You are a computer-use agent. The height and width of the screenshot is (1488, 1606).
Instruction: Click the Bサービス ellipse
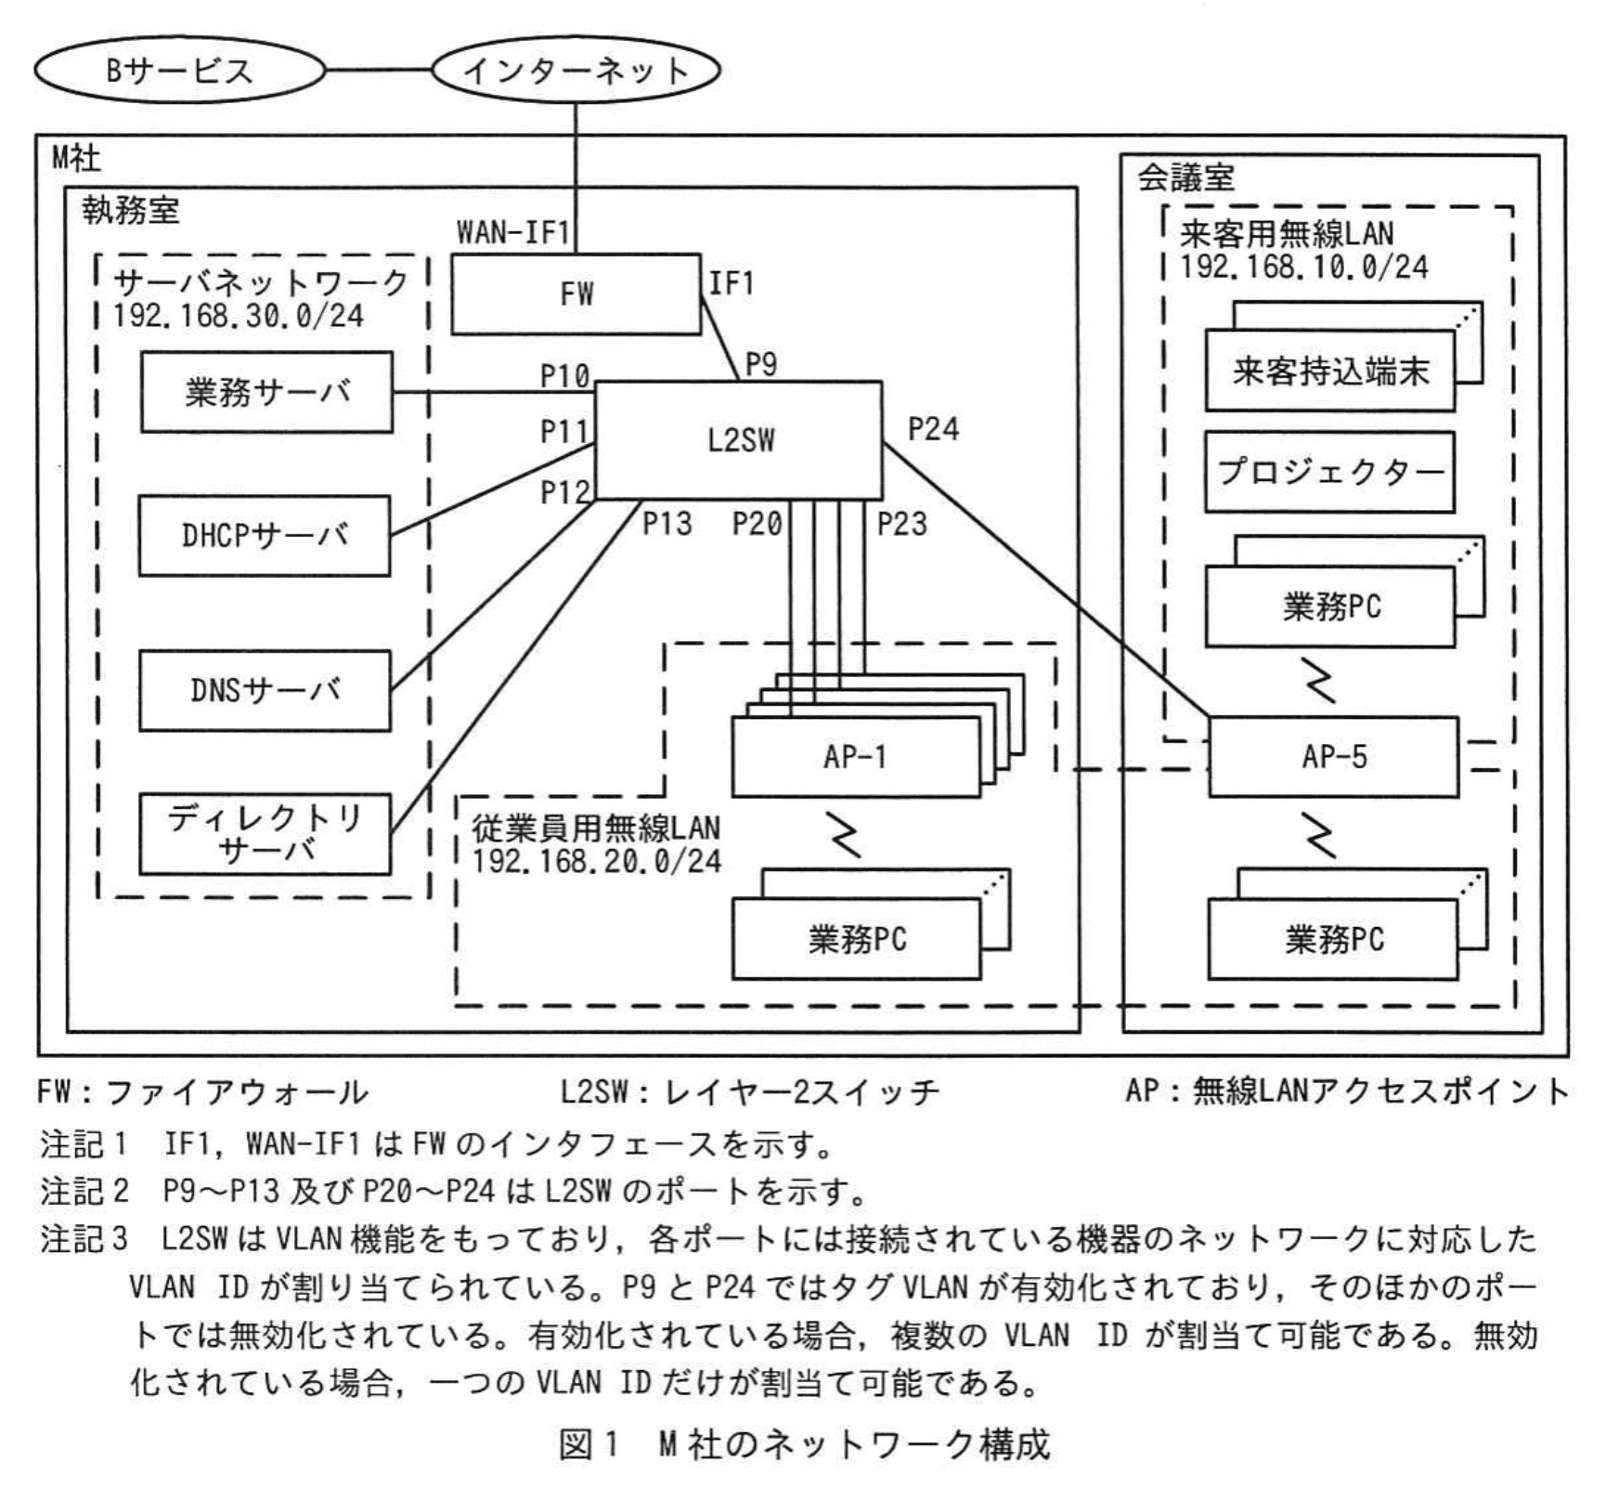(179, 71)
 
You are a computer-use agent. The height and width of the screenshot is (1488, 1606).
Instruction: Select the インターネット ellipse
(576, 71)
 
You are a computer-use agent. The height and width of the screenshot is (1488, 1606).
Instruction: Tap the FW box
(576, 294)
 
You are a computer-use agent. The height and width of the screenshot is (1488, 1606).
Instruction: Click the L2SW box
(739, 439)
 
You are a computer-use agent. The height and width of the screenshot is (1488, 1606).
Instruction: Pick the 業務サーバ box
(266, 392)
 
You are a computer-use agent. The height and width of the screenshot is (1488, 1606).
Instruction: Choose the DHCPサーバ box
(265, 536)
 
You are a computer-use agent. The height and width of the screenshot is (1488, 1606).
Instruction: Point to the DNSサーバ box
(265, 690)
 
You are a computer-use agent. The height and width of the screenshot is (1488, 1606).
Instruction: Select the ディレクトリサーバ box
(265, 833)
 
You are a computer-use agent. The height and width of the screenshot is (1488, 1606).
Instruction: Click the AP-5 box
(1333, 756)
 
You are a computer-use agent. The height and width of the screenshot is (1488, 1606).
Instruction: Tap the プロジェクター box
(1329, 472)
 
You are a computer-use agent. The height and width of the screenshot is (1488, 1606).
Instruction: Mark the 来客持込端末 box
(1329, 371)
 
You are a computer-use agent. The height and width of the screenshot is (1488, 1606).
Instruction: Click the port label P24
(933, 429)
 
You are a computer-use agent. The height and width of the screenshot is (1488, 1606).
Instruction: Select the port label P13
(667, 524)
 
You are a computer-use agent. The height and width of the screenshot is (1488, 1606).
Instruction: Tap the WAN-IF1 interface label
(512, 231)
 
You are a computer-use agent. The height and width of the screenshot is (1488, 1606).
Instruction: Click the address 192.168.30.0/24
(238, 316)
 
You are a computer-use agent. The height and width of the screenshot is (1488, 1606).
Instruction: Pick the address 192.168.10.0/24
(1303, 268)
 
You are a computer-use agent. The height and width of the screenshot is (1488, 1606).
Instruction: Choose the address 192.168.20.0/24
(596, 861)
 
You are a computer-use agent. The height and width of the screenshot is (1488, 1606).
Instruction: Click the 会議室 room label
(1185, 177)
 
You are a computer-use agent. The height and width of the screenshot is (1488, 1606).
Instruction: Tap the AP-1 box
(855, 757)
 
